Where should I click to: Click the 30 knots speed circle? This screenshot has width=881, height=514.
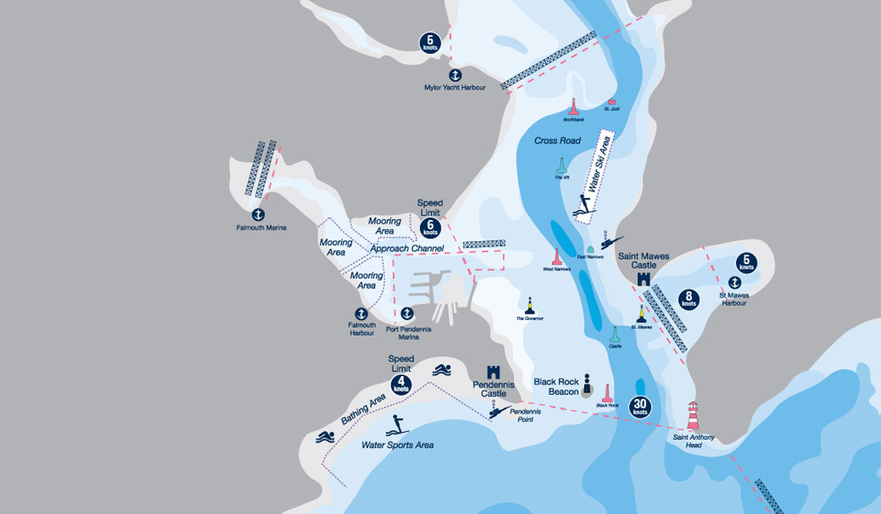coord(640,406)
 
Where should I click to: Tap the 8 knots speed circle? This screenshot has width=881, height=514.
coord(689,300)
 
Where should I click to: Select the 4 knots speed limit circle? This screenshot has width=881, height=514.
coord(401,385)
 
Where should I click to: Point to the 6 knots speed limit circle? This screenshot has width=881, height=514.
coord(430,229)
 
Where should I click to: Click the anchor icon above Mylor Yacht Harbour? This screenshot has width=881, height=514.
coord(455,75)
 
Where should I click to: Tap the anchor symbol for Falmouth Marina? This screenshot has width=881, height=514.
coord(258,214)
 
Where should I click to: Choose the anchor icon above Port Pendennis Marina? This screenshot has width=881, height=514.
coord(407,314)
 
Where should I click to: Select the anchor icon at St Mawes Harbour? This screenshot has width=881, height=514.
coord(734,282)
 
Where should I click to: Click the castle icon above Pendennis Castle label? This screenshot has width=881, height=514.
coord(494,371)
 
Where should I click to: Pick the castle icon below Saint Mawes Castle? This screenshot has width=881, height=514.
coord(643,279)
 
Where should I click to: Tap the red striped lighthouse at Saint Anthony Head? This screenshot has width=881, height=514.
coord(693,415)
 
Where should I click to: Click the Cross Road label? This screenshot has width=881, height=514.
coord(557,141)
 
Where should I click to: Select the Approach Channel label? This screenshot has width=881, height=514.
coord(407,248)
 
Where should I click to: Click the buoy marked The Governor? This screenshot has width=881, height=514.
coord(530,306)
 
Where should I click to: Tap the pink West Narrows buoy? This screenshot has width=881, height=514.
coord(556,257)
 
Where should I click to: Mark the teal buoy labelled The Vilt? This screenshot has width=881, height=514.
coord(562,166)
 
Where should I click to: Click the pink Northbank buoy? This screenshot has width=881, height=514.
coord(574,107)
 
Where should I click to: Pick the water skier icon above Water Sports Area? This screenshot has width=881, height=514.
coord(396,426)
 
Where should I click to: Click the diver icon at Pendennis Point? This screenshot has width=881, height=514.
coord(494,410)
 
